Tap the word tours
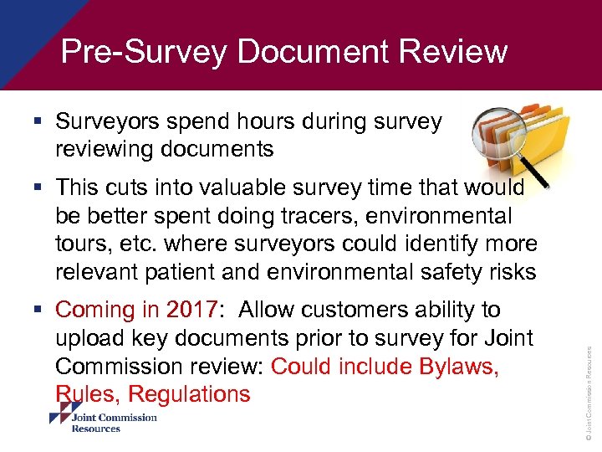[x=82, y=244]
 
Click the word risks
[x=508, y=273]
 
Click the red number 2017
[x=191, y=311]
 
